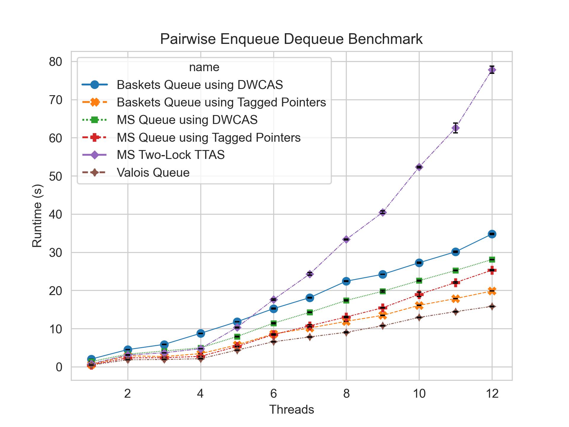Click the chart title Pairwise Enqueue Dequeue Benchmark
[291, 39]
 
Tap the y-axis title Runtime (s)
[37, 216]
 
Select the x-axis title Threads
[291, 410]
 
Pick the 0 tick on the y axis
[59, 367]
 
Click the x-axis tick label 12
[492, 393]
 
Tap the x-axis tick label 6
[273, 393]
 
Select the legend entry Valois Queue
[153, 173]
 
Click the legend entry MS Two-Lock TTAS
[171, 155]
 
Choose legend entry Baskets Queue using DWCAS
[200, 85]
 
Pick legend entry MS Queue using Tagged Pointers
[209, 137]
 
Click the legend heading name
[204, 67]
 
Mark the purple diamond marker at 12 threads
[492, 70]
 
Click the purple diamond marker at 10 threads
[419, 167]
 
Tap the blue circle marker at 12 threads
[492, 234]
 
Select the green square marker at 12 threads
[492, 259]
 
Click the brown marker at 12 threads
[492, 307]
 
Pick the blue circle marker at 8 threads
[346, 281]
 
